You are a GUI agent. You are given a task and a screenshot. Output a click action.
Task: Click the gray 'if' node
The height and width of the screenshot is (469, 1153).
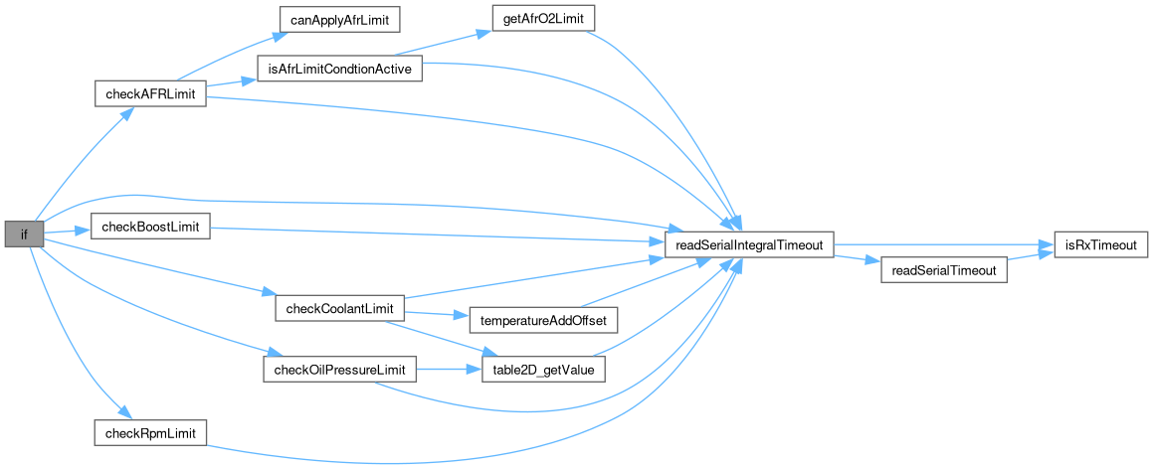[x=23, y=234]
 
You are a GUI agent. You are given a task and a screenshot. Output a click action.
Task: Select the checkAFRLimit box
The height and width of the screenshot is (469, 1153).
[x=149, y=94]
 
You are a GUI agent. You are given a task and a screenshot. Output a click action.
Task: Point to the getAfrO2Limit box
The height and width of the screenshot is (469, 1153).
[x=537, y=19]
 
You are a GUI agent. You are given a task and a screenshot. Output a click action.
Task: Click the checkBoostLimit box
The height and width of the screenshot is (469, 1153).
[x=150, y=228]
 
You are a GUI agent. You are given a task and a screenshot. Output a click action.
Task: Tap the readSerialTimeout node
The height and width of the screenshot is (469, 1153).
[x=945, y=270]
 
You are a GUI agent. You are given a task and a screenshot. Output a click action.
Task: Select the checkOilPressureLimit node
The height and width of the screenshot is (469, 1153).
[x=339, y=371]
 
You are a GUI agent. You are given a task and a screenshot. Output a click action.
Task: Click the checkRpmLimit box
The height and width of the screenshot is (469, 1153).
[x=150, y=433]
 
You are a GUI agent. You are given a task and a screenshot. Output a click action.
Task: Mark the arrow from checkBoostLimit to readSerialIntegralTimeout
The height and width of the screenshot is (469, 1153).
[x=438, y=234]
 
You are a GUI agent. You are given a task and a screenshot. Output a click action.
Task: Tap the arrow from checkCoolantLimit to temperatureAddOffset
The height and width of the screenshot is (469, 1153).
[x=438, y=317]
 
